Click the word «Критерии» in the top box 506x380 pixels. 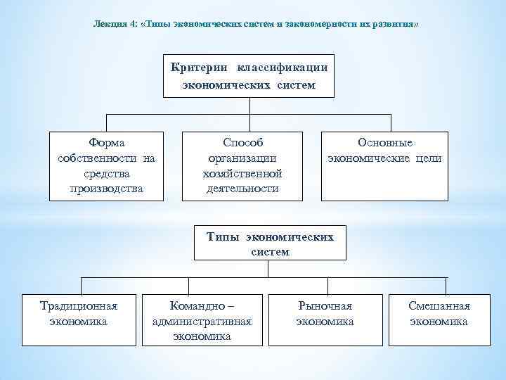click(200, 67)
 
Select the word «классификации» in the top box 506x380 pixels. click(281, 67)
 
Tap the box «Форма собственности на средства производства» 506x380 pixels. click(107, 165)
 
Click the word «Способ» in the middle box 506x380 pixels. click(242, 143)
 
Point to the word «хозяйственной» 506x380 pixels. click(242, 174)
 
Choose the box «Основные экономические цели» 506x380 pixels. click(384, 165)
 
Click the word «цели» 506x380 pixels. click(427, 158)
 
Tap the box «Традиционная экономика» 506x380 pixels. click(79, 318)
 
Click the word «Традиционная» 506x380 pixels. click(79, 306)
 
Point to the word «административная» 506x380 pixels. click(202, 322)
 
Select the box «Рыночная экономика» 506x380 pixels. click(325, 318)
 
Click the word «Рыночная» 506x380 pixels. click(325, 306)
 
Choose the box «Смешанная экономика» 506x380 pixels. click(439, 318)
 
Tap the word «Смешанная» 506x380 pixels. click(439, 306)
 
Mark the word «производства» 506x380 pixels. click(107, 189)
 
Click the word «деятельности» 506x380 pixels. click(242, 189)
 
